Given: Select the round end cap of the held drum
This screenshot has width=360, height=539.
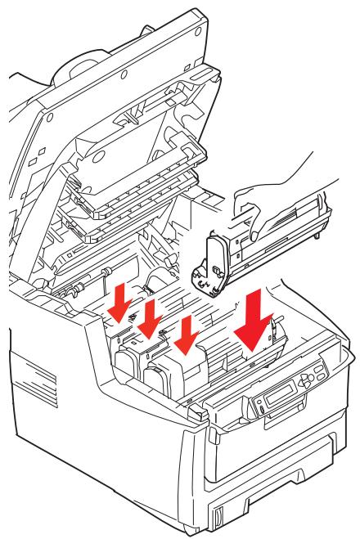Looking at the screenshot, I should click(211, 266).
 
